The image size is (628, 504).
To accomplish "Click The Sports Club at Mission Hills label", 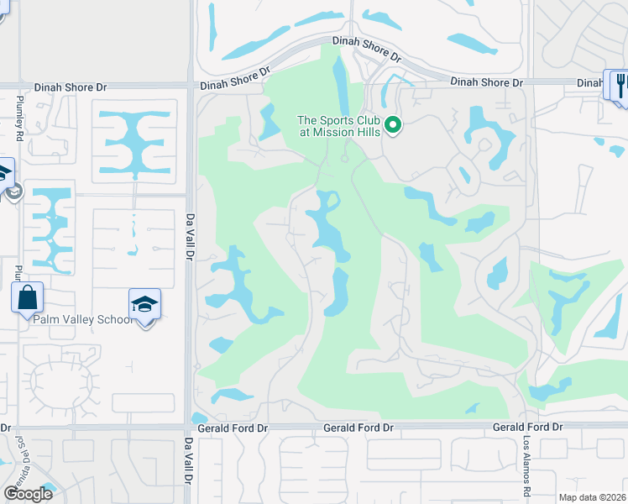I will [338, 126].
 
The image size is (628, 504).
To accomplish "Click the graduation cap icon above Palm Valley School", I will [144, 305].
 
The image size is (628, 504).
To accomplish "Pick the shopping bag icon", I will [27, 297].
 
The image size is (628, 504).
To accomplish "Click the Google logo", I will [27, 493].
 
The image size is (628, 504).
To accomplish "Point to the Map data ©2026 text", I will [593, 497].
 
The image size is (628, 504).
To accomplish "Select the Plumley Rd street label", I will [18, 113].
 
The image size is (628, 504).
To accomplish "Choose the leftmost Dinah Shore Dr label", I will [71, 87].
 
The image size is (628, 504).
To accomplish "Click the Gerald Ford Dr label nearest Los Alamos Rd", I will [527, 428].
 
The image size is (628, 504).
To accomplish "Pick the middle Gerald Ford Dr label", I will [358, 428].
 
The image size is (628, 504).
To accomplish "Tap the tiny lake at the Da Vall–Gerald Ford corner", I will [199, 417].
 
